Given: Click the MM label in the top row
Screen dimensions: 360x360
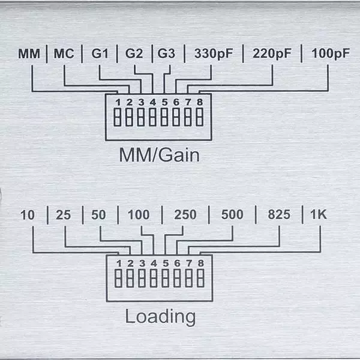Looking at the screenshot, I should (28, 53).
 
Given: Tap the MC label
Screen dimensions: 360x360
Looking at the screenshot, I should (64, 53).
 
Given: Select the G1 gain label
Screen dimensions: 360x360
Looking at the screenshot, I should (100, 53).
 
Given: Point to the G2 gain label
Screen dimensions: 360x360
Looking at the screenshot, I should (134, 53).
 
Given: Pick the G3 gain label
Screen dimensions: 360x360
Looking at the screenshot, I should (166, 53).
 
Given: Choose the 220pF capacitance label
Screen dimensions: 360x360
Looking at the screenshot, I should (272, 53).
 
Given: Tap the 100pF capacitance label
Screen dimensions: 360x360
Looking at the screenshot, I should (330, 53).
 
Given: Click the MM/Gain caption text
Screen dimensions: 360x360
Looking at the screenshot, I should (159, 155).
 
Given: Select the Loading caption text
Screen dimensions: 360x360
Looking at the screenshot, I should (160, 316).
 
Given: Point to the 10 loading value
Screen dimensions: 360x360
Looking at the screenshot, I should (28, 214).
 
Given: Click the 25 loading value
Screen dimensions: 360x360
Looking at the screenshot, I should (64, 214).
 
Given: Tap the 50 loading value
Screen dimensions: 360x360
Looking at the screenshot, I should (99, 214).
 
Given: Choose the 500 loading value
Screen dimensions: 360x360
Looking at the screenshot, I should (232, 214).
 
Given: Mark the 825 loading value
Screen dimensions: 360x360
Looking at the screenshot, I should (278, 214).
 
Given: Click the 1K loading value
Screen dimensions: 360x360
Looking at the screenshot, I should (319, 214).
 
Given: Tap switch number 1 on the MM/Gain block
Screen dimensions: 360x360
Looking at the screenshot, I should (118, 117).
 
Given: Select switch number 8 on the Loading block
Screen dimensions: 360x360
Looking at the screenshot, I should (200, 278).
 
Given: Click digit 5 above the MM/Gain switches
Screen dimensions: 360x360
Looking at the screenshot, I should (164, 101).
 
